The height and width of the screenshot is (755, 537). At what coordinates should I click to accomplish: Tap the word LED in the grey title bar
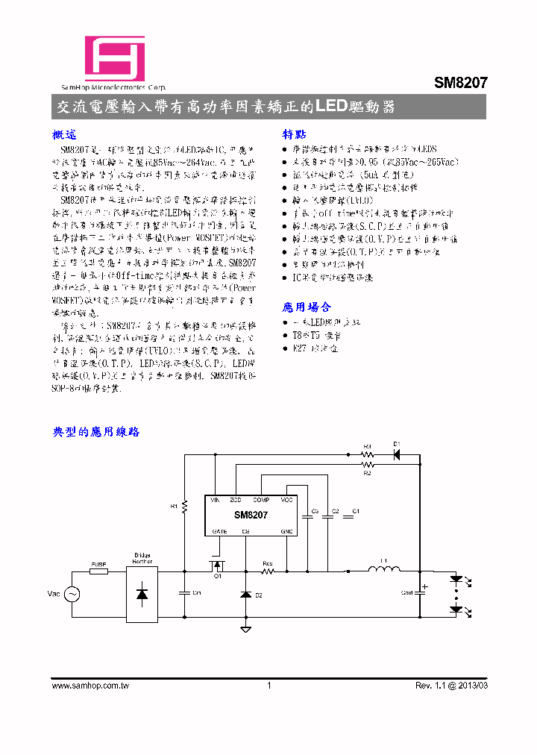332,107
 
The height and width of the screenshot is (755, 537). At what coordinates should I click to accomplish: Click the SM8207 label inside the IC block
251,515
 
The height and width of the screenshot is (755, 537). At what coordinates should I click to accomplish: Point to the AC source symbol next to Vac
73,594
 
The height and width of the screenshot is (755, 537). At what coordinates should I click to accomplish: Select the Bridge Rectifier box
142,593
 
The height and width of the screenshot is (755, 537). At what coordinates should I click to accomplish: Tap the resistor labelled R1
185,507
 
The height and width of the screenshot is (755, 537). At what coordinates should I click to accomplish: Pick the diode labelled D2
246,595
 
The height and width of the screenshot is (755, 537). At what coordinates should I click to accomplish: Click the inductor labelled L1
384,571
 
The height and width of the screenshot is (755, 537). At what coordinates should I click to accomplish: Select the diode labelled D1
396,454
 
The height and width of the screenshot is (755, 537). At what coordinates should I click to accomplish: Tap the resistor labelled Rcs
268,572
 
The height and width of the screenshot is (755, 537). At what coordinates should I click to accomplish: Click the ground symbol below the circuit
246,629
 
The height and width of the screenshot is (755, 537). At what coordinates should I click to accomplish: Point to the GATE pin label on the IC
219,531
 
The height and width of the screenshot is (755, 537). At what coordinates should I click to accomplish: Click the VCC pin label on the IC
287,499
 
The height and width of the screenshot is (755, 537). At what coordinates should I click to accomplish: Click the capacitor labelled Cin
185,593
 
